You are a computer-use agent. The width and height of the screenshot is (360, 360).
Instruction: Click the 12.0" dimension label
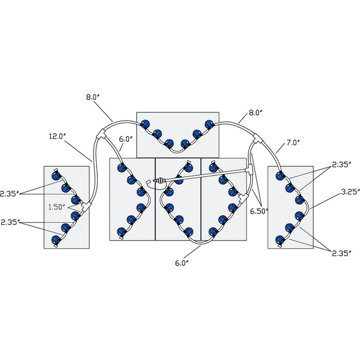[x=58, y=137]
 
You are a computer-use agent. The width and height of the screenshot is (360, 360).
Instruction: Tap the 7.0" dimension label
[x=293, y=143]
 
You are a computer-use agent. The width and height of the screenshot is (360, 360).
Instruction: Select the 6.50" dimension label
[x=259, y=211]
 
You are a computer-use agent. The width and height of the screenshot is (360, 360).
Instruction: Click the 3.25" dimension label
[x=350, y=192]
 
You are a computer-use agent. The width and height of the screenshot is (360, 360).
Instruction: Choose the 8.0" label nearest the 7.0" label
[x=256, y=112]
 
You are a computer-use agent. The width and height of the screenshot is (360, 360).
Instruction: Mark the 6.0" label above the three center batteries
[x=125, y=139]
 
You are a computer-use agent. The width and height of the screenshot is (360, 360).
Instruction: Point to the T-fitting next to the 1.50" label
[x=86, y=206]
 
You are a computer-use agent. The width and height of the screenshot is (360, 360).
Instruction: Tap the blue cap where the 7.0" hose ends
[x=279, y=175]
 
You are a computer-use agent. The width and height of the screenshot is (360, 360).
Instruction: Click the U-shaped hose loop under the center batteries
[x=200, y=241]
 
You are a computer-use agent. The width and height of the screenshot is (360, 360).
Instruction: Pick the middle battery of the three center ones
[x=178, y=199]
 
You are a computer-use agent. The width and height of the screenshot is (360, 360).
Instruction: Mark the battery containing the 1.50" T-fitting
[x=66, y=206]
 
